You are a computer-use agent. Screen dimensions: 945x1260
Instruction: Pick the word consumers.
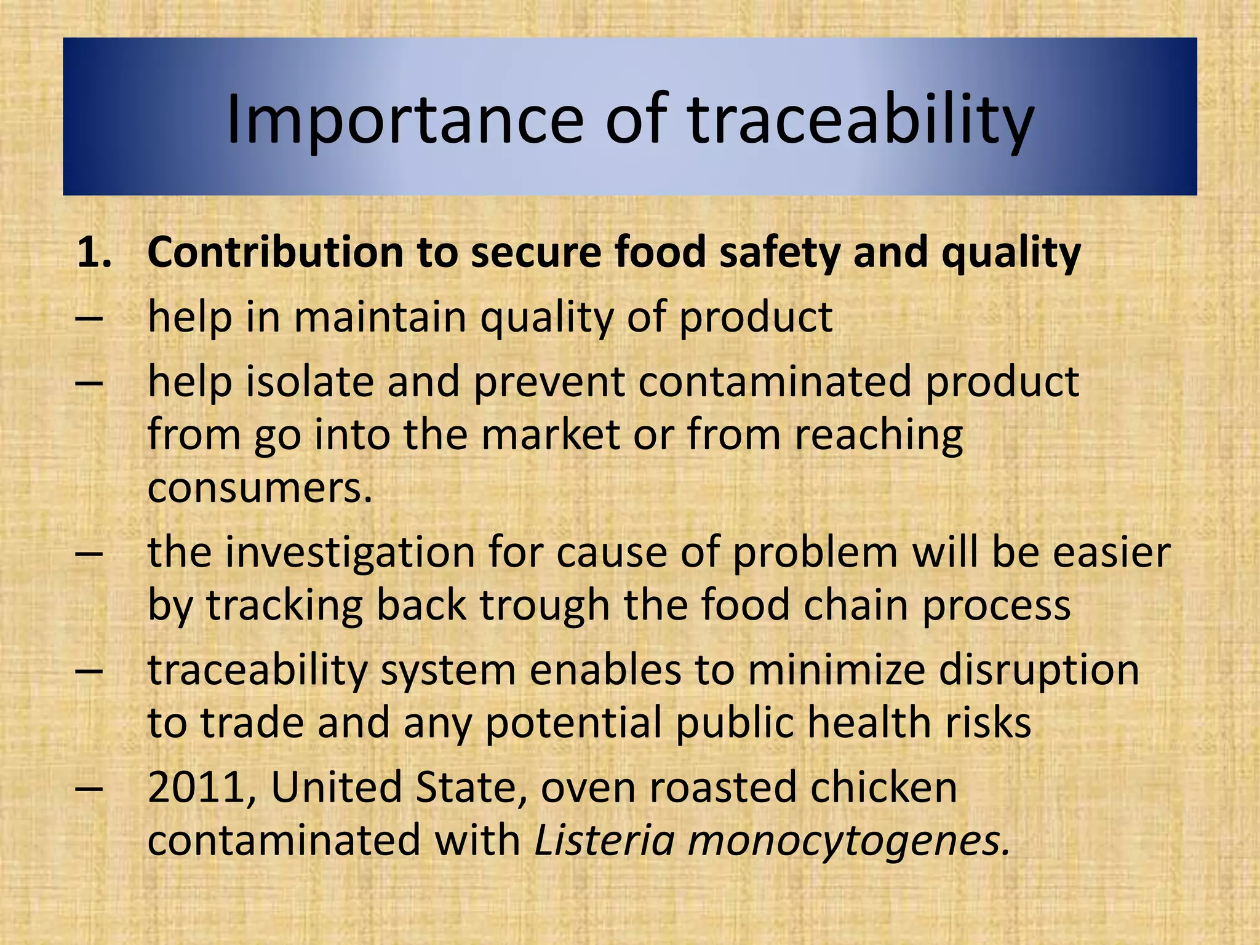click(260, 487)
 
